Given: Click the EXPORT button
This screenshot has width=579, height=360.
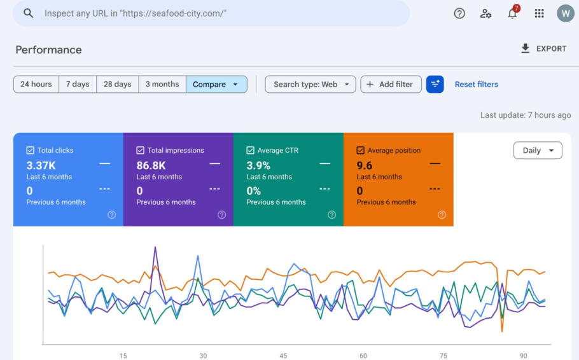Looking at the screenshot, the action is coord(543,49).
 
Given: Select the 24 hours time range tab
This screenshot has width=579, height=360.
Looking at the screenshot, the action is coord(36,84).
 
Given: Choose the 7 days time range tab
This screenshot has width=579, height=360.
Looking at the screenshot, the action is coord(78,84).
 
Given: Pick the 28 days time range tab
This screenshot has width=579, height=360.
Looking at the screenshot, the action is coord(118,84).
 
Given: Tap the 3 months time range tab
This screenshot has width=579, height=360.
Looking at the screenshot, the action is coord(162,84).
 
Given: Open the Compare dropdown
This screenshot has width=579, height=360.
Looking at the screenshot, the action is coord(216,84).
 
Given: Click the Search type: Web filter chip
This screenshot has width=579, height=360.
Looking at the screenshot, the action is coord(310,84).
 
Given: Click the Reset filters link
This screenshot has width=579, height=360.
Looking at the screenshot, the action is coord(477,84).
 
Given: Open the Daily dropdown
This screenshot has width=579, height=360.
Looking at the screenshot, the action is coord(538,150).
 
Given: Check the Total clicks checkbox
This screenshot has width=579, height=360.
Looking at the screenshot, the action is coord(31,150).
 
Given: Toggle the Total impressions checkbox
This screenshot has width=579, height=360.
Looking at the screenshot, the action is coord(141,150).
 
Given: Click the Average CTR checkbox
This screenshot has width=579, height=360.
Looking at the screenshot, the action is coord(250,150).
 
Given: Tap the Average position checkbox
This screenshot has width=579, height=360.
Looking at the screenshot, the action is coord(360,150).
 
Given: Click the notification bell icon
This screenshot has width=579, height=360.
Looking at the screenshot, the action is coord(513,13).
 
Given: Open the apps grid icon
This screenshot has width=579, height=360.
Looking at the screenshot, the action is coord(539,13).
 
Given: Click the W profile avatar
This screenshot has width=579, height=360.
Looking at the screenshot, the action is coord(566,13).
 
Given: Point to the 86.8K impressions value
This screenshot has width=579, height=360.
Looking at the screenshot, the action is coord(151,165).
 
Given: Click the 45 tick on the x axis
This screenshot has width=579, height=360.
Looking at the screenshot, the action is coord(283,356).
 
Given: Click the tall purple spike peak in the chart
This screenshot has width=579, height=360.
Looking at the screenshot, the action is coord(155,247).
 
